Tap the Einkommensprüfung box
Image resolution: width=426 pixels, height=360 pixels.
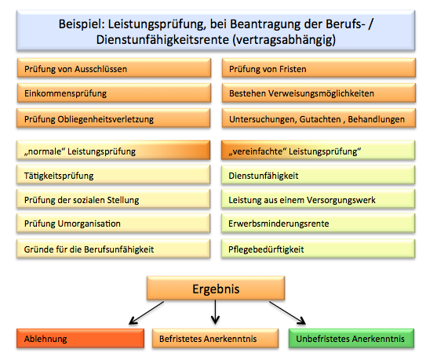coord(114,93)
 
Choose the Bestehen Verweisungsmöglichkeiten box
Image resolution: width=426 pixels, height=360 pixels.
coord(319,93)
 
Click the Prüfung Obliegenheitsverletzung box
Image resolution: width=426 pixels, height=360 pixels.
coord(113,118)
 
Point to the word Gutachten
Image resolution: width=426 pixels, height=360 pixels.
coord(320,119)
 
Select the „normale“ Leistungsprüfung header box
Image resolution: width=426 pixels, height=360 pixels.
coord(113,151)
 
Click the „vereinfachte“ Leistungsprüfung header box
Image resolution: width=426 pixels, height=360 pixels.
coord(318,151)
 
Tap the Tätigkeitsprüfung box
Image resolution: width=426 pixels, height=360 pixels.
coord(113,175)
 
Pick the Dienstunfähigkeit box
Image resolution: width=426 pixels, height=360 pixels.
coord(318,175)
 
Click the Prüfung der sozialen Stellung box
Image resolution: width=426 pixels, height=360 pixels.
coord(113,199)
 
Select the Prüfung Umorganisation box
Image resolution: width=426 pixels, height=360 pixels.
coord(113,224)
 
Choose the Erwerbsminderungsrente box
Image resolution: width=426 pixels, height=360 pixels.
coord(318,224)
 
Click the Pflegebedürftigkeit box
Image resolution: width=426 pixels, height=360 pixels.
coord(318,249)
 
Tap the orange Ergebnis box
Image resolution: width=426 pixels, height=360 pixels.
coord(216,289)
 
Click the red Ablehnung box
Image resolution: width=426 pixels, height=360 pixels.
coord(81,339)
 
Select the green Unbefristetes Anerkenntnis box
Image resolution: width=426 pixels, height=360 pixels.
coord(351,339)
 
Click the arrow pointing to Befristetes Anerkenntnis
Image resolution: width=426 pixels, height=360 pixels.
coord(215,312)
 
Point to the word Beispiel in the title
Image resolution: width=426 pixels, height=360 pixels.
coord(82,25)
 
